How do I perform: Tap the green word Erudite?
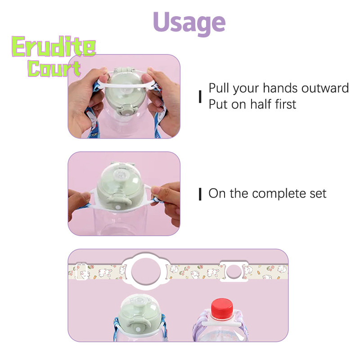coord(54,46)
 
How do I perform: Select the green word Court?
coord(54,68)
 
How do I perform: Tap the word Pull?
coord(219,88)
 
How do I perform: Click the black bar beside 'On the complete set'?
coord(200,194)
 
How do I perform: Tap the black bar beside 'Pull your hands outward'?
coord(200,96)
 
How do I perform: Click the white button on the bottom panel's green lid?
coord(138,330)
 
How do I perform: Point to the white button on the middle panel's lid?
coord(118,207)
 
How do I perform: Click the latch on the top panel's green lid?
coord(126,109)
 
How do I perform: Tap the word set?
coord(318,194)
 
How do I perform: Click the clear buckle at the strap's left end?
coord(81,271)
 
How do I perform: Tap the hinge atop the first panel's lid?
coord(124,70)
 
